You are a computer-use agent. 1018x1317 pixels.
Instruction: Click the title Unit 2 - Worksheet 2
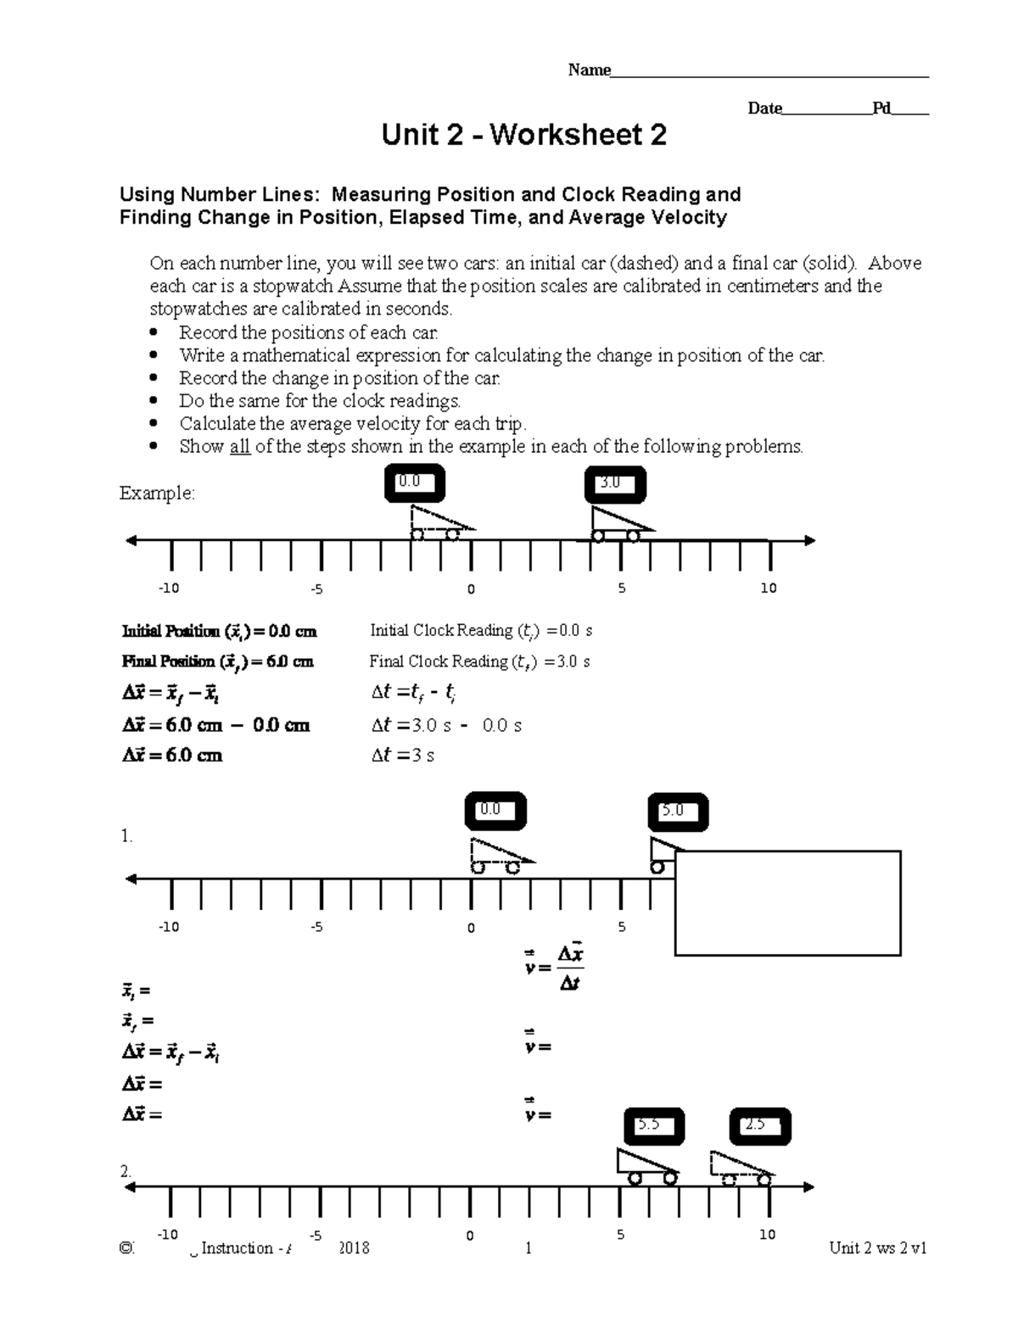click(523, 135)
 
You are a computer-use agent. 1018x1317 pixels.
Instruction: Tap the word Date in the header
click(763, 109)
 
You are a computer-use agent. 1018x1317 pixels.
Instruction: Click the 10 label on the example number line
click(769, 589)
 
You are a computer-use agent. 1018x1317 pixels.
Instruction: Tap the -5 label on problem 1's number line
click(316, 927)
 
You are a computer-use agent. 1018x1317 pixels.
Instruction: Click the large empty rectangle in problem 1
click(787, 903)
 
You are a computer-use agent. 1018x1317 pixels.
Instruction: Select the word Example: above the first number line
click(157, 493)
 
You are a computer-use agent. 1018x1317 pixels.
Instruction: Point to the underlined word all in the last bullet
click(240, 447)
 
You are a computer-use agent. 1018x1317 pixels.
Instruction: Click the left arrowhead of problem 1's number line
click(131, 879)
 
